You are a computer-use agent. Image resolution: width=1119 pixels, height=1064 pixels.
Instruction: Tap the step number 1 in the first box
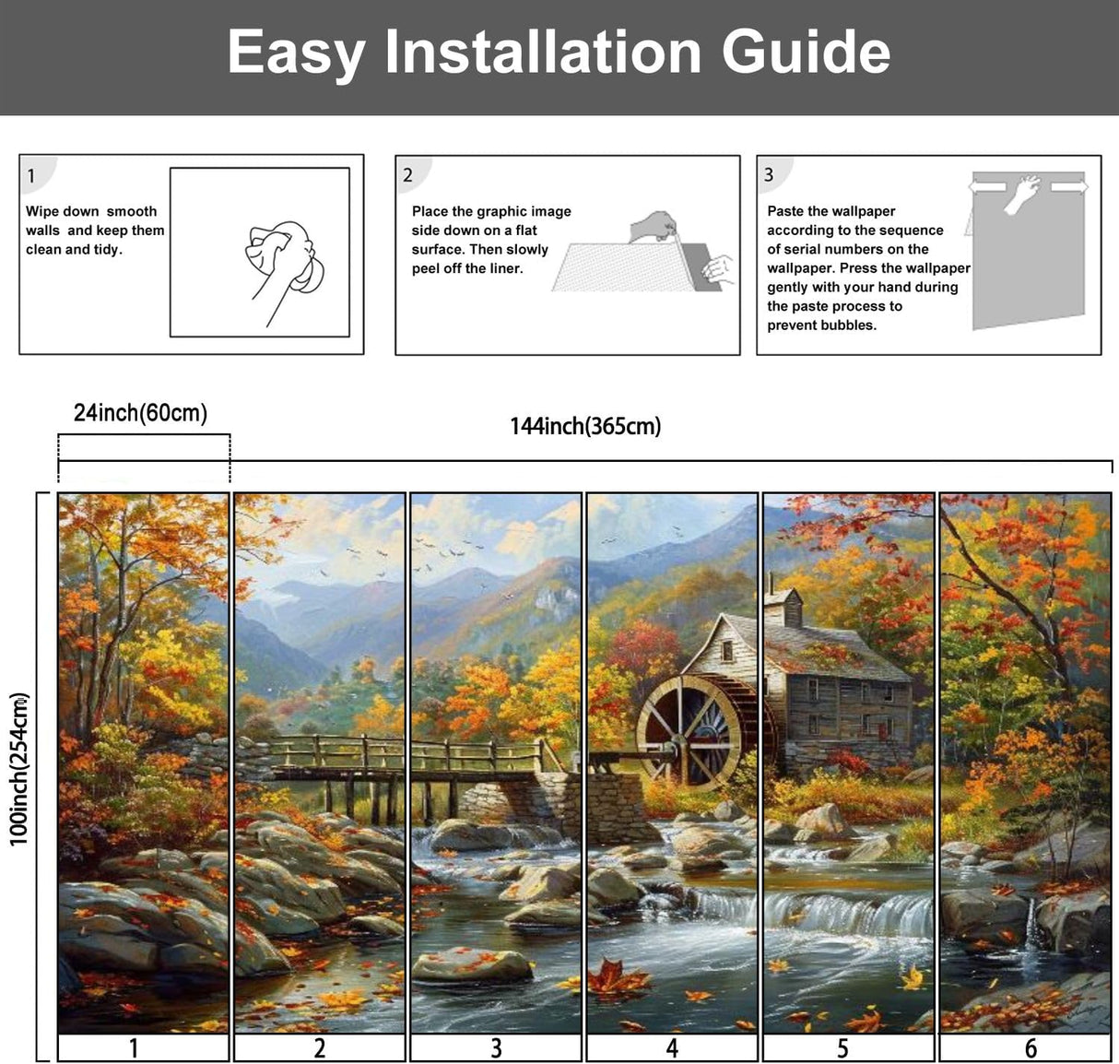[x=31, y=176]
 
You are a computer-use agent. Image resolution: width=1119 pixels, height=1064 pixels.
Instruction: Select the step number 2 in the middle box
[x=407, y=175]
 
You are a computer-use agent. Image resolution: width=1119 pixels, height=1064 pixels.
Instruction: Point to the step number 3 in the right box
[x=769, y=175]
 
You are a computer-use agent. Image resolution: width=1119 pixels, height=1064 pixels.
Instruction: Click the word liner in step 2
[x=507, y=268]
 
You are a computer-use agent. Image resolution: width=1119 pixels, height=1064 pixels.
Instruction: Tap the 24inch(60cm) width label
[x=140, y=413]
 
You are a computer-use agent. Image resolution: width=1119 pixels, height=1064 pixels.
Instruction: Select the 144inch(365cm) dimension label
[x=585, y=426]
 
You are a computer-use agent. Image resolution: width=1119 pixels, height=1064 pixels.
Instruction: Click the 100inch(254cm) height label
[x=19, y=768]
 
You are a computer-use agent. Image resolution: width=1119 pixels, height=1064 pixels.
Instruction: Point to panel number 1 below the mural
[x=134, y=1048]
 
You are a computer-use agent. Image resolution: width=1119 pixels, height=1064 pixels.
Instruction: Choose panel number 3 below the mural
[x=496, y=1048]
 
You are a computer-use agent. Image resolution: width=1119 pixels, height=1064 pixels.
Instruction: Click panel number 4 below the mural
[x=672, y=1048]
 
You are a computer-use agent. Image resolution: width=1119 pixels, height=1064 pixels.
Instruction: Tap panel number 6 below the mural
[x=1031, y=1048]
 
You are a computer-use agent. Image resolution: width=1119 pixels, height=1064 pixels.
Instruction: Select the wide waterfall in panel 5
[x=848, y=913]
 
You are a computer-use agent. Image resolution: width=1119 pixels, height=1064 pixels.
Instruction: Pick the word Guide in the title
[x=806, y=52]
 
